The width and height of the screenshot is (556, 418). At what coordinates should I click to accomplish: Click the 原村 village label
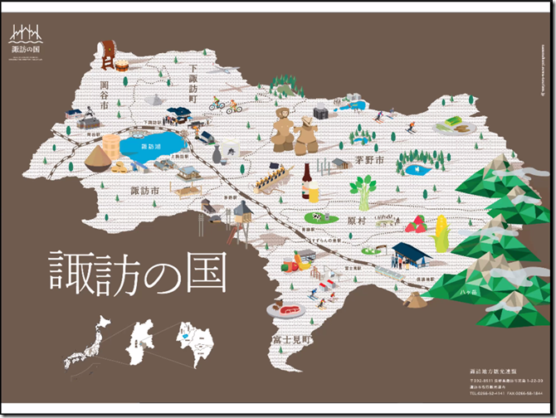pyautogui.click(x=358, y=221)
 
